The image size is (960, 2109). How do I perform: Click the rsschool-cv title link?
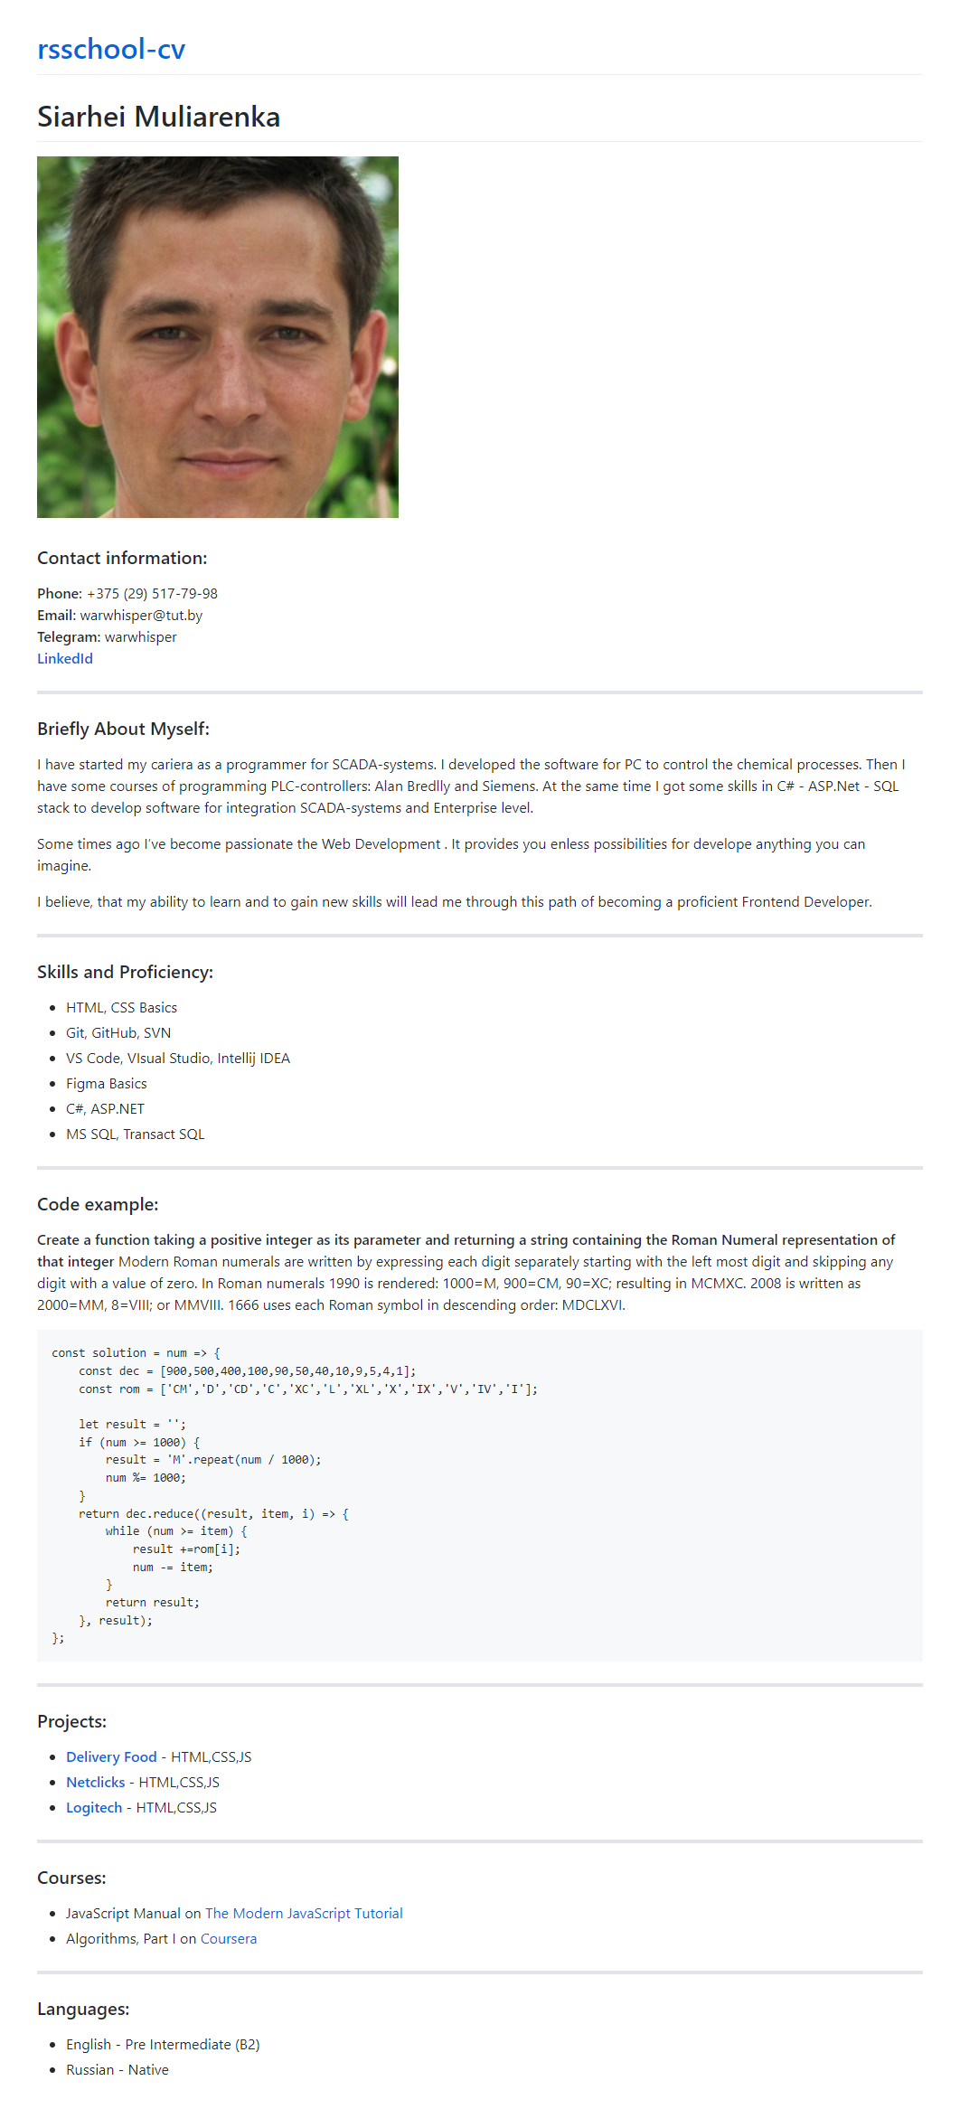click(x=111, y=49)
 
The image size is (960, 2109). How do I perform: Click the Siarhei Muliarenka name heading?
click(x=158, y=117)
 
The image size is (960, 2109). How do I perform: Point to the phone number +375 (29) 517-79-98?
click(x=152, y=594)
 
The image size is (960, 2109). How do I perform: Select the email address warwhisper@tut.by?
click(x=141, y=616)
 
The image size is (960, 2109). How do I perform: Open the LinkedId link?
click(x=65, y=659)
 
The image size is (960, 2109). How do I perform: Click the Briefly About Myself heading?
click(x=123, y=729)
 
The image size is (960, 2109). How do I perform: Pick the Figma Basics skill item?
click(x=106, y=1084)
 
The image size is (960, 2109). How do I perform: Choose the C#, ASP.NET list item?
click(x=105, y=1109)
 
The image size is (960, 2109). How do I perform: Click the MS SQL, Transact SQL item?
click(x=135, y=1135)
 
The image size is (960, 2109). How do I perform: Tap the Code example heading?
click(x=98, y=1204)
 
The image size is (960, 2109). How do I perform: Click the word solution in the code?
click(x=119, y=1353)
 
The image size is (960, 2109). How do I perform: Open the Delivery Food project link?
click(x=111, y=1757)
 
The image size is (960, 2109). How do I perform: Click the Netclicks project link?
click(x=96, y=1783)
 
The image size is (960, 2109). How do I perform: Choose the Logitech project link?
click(x=94, y=1808)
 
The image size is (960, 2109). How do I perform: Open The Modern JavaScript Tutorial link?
click(x=304, y=1914)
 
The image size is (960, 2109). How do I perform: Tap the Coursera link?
click(x=229, y=1939)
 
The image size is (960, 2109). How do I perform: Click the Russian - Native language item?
click(x=117, y=2070)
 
